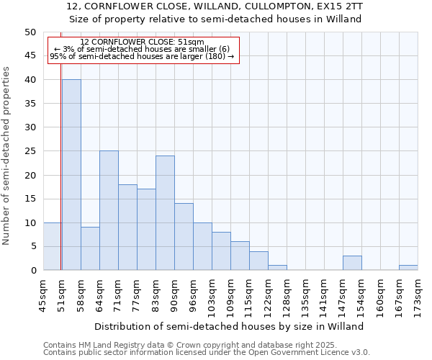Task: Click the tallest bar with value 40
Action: tap(71, 175)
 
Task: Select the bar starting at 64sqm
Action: tap(109, 210)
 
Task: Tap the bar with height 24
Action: tap(165, 213)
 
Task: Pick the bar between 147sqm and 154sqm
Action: tap(352, 263)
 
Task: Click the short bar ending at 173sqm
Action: tap(408, 268)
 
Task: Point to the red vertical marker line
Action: tap(61, 180)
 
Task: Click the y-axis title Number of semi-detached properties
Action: tap(7, 156)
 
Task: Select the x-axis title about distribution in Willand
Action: tap(229, 326)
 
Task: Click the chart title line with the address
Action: tap(215, 6)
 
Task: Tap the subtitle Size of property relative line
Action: tap(215, 19)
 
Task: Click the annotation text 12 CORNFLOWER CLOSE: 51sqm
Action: tap(142, 42)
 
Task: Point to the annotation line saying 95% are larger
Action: tap(142, 56)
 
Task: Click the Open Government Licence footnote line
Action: tap(207, 352)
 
